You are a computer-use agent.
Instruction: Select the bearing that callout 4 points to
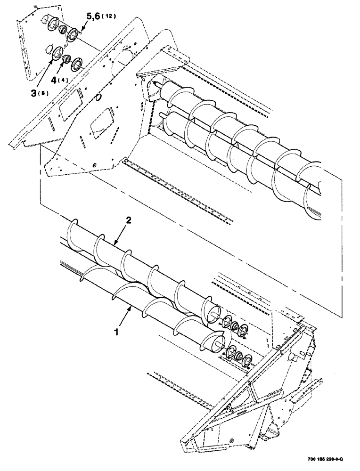coord(67,59)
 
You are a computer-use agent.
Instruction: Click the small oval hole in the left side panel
coord(98,98)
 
